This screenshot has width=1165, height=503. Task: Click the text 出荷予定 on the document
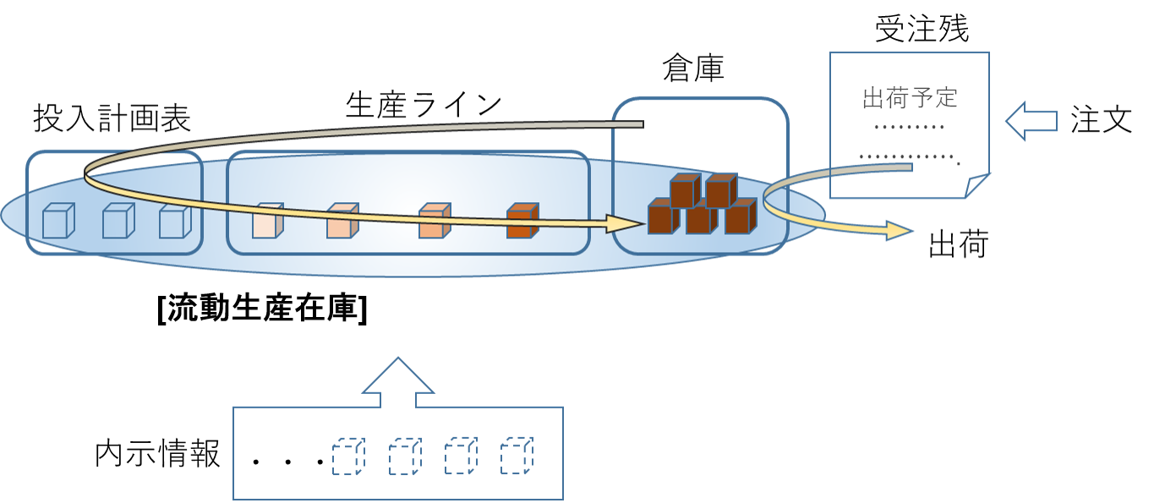coord(910,98)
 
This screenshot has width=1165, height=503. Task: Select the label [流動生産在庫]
coord(262,309)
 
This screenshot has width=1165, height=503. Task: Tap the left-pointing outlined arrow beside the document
coord(1031,122)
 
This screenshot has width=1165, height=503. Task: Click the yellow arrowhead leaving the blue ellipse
coord(900,230)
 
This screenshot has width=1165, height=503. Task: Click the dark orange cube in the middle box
coord(522,221)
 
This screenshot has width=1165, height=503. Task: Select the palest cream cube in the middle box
coord(266,221)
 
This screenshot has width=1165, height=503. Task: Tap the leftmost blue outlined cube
coord(58,221)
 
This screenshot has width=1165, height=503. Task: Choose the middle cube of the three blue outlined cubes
coord(118,221)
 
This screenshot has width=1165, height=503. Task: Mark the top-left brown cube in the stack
coord(685,189)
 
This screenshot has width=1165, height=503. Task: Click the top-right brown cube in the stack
coord(720,189)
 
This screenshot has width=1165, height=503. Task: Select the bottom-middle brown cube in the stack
coord(701,218)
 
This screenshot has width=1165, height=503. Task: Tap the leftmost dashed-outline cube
coord(347,457)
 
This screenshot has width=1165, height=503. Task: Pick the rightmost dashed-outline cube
coord(516,457)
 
